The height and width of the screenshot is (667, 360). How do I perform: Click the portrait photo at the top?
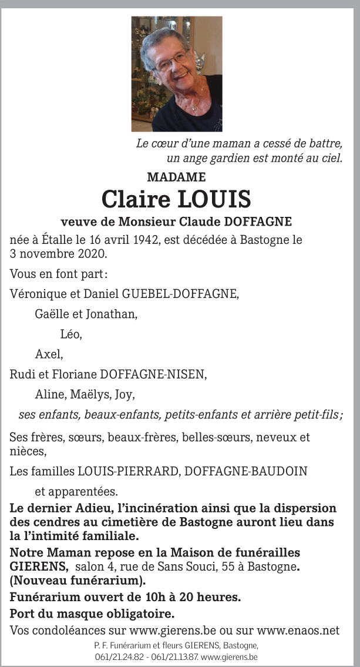click(x=177, y=73)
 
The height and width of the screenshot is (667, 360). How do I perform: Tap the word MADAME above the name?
click(x=176, y=177)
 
